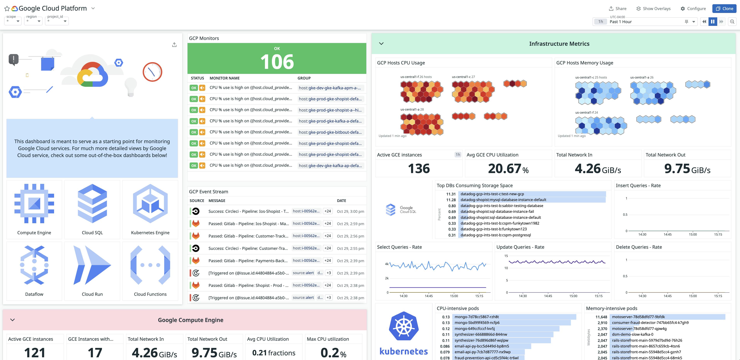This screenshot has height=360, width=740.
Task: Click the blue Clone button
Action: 724,9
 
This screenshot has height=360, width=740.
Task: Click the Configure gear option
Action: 693,9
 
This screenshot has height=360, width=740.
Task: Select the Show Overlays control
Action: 653,9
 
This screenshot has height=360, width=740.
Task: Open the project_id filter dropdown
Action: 57,21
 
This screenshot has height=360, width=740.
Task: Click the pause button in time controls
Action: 713,22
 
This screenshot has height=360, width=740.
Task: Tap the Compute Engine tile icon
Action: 34,204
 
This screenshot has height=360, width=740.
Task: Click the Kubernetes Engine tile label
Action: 150,232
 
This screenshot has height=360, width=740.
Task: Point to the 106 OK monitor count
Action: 277,61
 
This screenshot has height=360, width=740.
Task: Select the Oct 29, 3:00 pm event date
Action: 350,212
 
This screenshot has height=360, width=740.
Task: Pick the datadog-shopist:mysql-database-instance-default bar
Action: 531,200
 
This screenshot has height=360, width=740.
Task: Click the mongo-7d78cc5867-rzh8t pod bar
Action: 514,317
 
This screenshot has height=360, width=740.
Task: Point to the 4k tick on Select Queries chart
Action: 387,264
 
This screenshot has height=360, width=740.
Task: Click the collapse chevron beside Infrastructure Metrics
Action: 381,44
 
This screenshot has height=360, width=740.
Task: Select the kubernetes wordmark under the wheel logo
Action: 403,351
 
